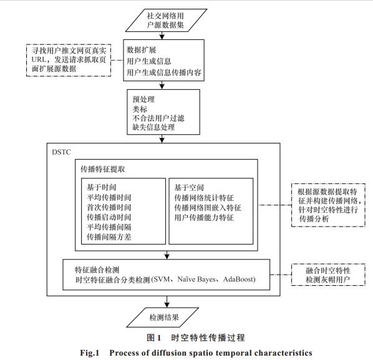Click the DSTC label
coord(61,152)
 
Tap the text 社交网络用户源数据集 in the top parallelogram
coord(165,21)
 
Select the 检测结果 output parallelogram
coord(162,318)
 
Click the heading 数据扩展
coord(142,50)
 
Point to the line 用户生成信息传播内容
coord(164,72)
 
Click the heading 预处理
coord(143,99)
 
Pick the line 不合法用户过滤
coord(158,118)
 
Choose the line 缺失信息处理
coord(153,127)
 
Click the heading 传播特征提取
coord(102,169)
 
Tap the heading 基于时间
coord(101,187)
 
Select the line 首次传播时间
coord(109,207)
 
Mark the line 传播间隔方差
coord(109,237)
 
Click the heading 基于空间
coord(189,188)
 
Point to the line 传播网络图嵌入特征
coord(208,208)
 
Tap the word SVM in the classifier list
coord(162,279)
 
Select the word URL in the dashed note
coord(39,59)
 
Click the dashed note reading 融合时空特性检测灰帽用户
coord(328,275)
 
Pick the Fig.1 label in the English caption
coord(89,353)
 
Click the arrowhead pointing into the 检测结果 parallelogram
coord(167,305)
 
